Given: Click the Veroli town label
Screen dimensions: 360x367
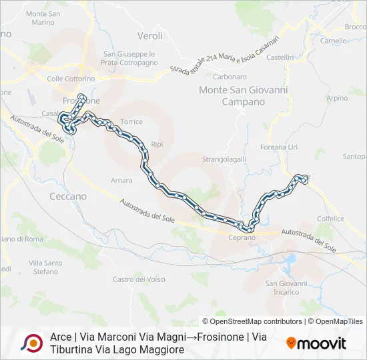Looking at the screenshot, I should click(149, 35).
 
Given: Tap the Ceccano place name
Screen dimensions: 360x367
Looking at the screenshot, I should click(68, 197).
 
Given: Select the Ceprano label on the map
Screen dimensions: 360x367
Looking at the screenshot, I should click(241, 238).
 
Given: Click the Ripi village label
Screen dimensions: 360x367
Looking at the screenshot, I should click(157, 144).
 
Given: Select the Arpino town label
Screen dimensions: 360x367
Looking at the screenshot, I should click(338, 98).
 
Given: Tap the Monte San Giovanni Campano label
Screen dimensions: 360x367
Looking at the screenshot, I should click(233, 96).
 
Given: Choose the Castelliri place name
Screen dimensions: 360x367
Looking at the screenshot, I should click(280, 58).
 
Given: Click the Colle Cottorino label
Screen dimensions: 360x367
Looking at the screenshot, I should click(71, 79).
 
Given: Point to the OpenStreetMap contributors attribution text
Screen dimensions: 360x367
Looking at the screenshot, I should click(252, 321).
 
